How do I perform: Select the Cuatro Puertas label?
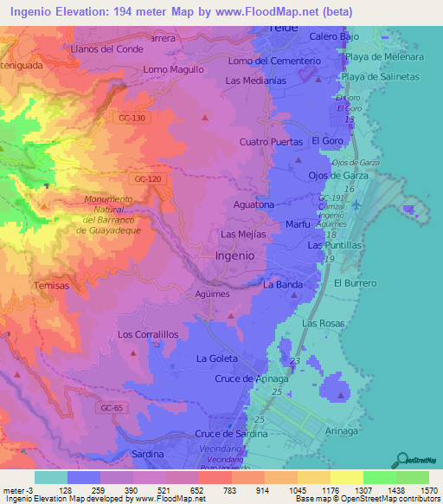[270, 141]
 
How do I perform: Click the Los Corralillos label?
[148, 333]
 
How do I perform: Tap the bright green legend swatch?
[379, 477]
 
